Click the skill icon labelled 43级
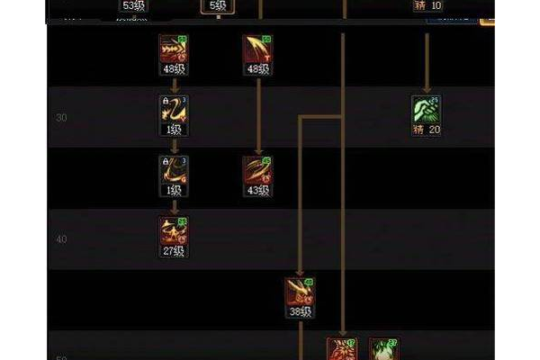pos(256,170)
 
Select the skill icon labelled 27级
pos(174,230)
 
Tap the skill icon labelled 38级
pos(300,291)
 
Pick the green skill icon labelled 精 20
pos(426,109)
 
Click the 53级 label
pos(134,6)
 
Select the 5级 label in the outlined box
pos(217,6)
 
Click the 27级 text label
pos(174,251)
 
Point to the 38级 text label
pos(300,311)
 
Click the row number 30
pos(62,117)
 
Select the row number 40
pos(62,238)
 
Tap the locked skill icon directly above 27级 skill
pos(174,170)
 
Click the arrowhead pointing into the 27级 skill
pos(174,211)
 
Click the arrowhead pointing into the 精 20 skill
pos(426,89)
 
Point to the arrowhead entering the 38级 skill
pos(300,271)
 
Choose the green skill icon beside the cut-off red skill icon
pos(382,349)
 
